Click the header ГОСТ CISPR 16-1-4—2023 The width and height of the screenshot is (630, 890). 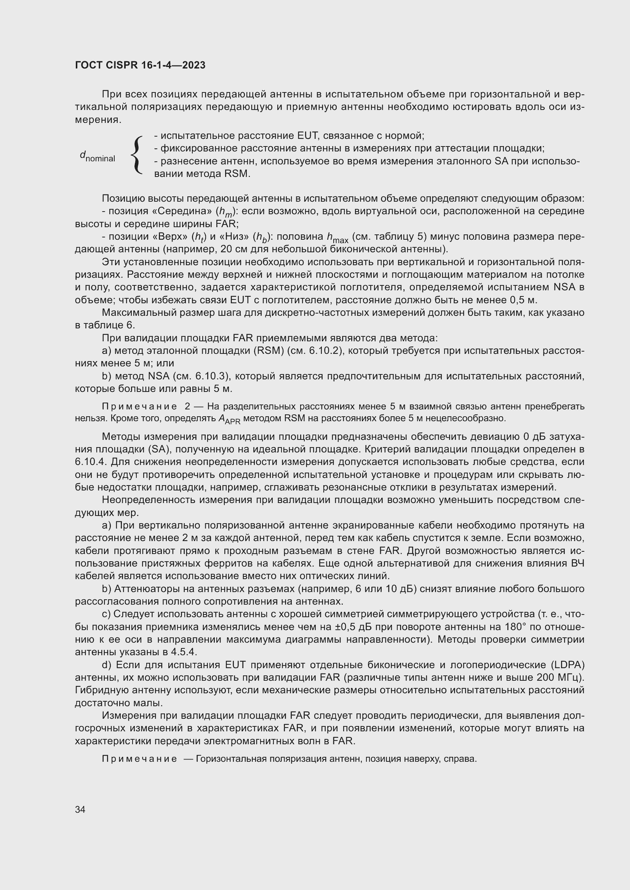[140, 65]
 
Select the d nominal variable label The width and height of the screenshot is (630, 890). [98, 156]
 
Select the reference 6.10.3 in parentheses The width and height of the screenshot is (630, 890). [213, 376]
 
